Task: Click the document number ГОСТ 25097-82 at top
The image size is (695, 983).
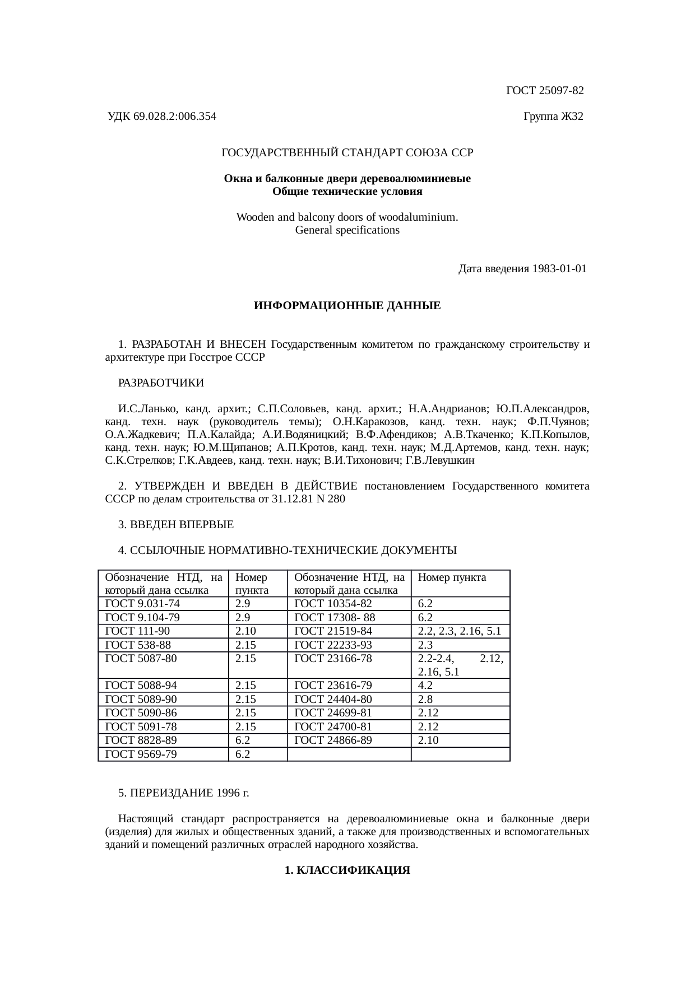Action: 545,90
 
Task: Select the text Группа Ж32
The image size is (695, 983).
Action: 553,117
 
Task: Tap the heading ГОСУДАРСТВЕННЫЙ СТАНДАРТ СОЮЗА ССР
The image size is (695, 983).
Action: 347,152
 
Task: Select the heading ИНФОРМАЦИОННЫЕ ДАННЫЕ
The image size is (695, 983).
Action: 347,306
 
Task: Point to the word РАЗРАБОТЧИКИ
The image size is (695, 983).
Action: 161,383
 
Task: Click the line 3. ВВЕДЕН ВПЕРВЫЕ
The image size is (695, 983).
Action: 176,525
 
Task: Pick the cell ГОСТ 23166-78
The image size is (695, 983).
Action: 333,659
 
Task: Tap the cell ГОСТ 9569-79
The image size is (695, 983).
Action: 141,754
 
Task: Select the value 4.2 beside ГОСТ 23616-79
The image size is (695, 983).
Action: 425,686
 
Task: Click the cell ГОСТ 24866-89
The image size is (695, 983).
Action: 333,740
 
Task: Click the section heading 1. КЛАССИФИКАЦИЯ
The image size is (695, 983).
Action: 347,870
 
